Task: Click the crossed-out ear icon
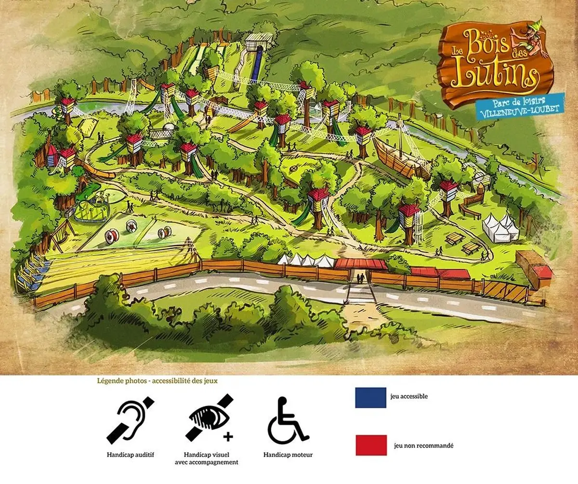[131, 420]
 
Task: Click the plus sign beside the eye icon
[228, 437]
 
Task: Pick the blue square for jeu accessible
[370, 397]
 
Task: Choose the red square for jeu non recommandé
[370, 445]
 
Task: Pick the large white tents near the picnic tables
[500, 227]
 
